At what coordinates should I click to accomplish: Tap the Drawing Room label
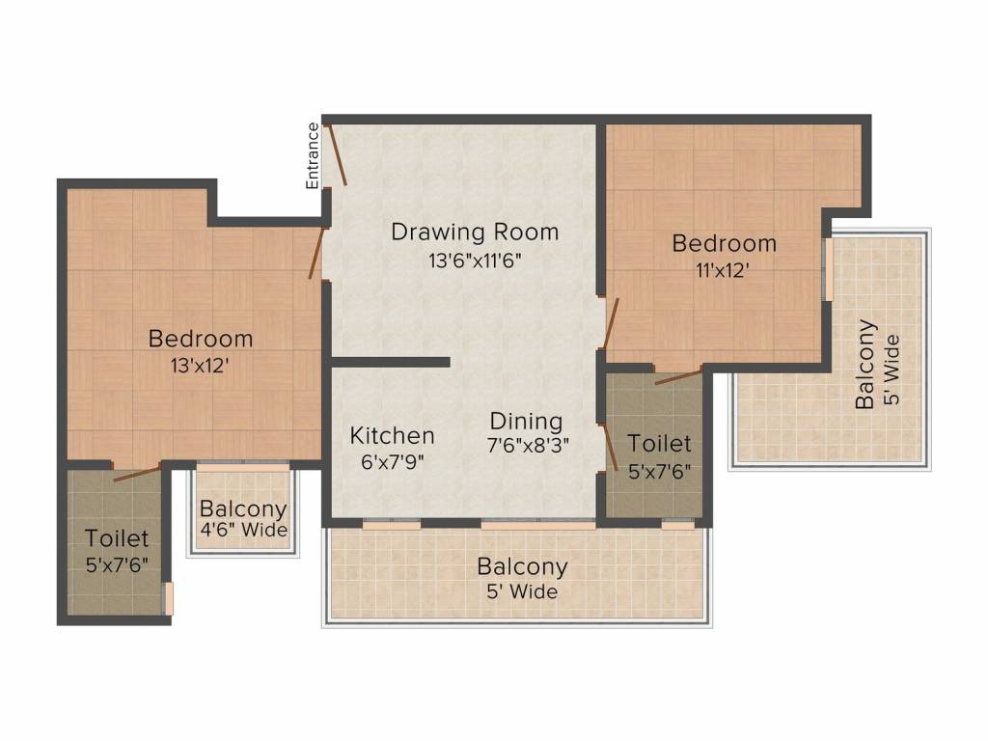pos(474,232)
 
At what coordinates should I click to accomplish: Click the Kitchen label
pos(392,435)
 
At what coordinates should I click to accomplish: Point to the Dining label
pos(526,422)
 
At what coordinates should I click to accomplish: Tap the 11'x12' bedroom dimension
pos(724,270)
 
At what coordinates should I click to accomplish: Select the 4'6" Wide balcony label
pos(243,530)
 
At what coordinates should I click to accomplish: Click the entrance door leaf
pos(338,154)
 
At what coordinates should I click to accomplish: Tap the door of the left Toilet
pos(137,473)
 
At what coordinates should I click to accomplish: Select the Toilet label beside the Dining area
pos(659,444)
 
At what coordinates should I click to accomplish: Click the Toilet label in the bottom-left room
pos(116,537)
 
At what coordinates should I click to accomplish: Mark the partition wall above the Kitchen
pos(391,362)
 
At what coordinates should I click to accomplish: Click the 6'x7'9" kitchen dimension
pos(392,460)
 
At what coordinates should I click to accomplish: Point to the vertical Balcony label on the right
pos(866,365)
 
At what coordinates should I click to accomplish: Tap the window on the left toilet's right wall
pos(168,598)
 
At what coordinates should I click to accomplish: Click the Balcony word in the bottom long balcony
pos(522,566)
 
